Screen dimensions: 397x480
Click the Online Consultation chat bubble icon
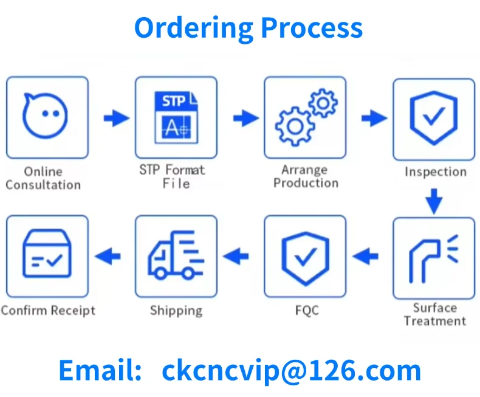[x=45, y=116]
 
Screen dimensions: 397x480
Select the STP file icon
[x=176, y=117]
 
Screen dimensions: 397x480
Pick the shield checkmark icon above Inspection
[x=433, y=117]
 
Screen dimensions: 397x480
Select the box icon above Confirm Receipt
[x=47, y=255]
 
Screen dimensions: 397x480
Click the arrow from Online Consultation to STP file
[x=115, y=117]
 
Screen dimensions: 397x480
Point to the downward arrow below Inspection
[x=433, y=201]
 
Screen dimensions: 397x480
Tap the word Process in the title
[x=312, y=28]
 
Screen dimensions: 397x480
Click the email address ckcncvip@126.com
[x=291, y=370]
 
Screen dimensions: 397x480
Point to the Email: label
[x=101, y=370]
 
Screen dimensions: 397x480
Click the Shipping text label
[x=176, y=311]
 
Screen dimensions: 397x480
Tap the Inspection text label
[x=436, y=172]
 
